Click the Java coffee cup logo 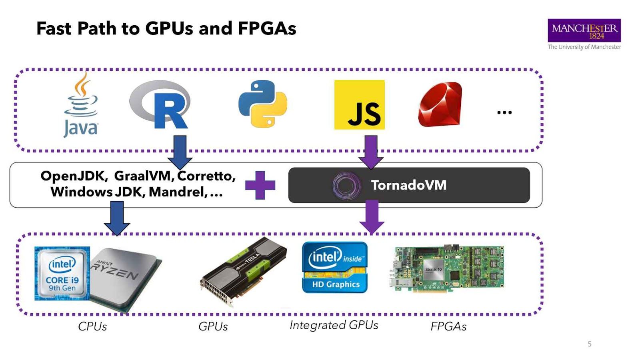(81, 105)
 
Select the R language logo (160, 105)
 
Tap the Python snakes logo (263, 104)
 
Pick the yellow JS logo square (359, 105)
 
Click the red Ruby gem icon (440, 105)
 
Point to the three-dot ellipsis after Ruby (504, 112)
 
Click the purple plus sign (260, 185)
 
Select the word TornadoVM (408, 185)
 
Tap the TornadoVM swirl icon (346, 186)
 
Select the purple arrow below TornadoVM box (372, 217)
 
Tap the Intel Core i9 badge (62, 274)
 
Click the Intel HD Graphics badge (335, 267)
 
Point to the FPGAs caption (448, 327)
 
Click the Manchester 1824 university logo (584, 30)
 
